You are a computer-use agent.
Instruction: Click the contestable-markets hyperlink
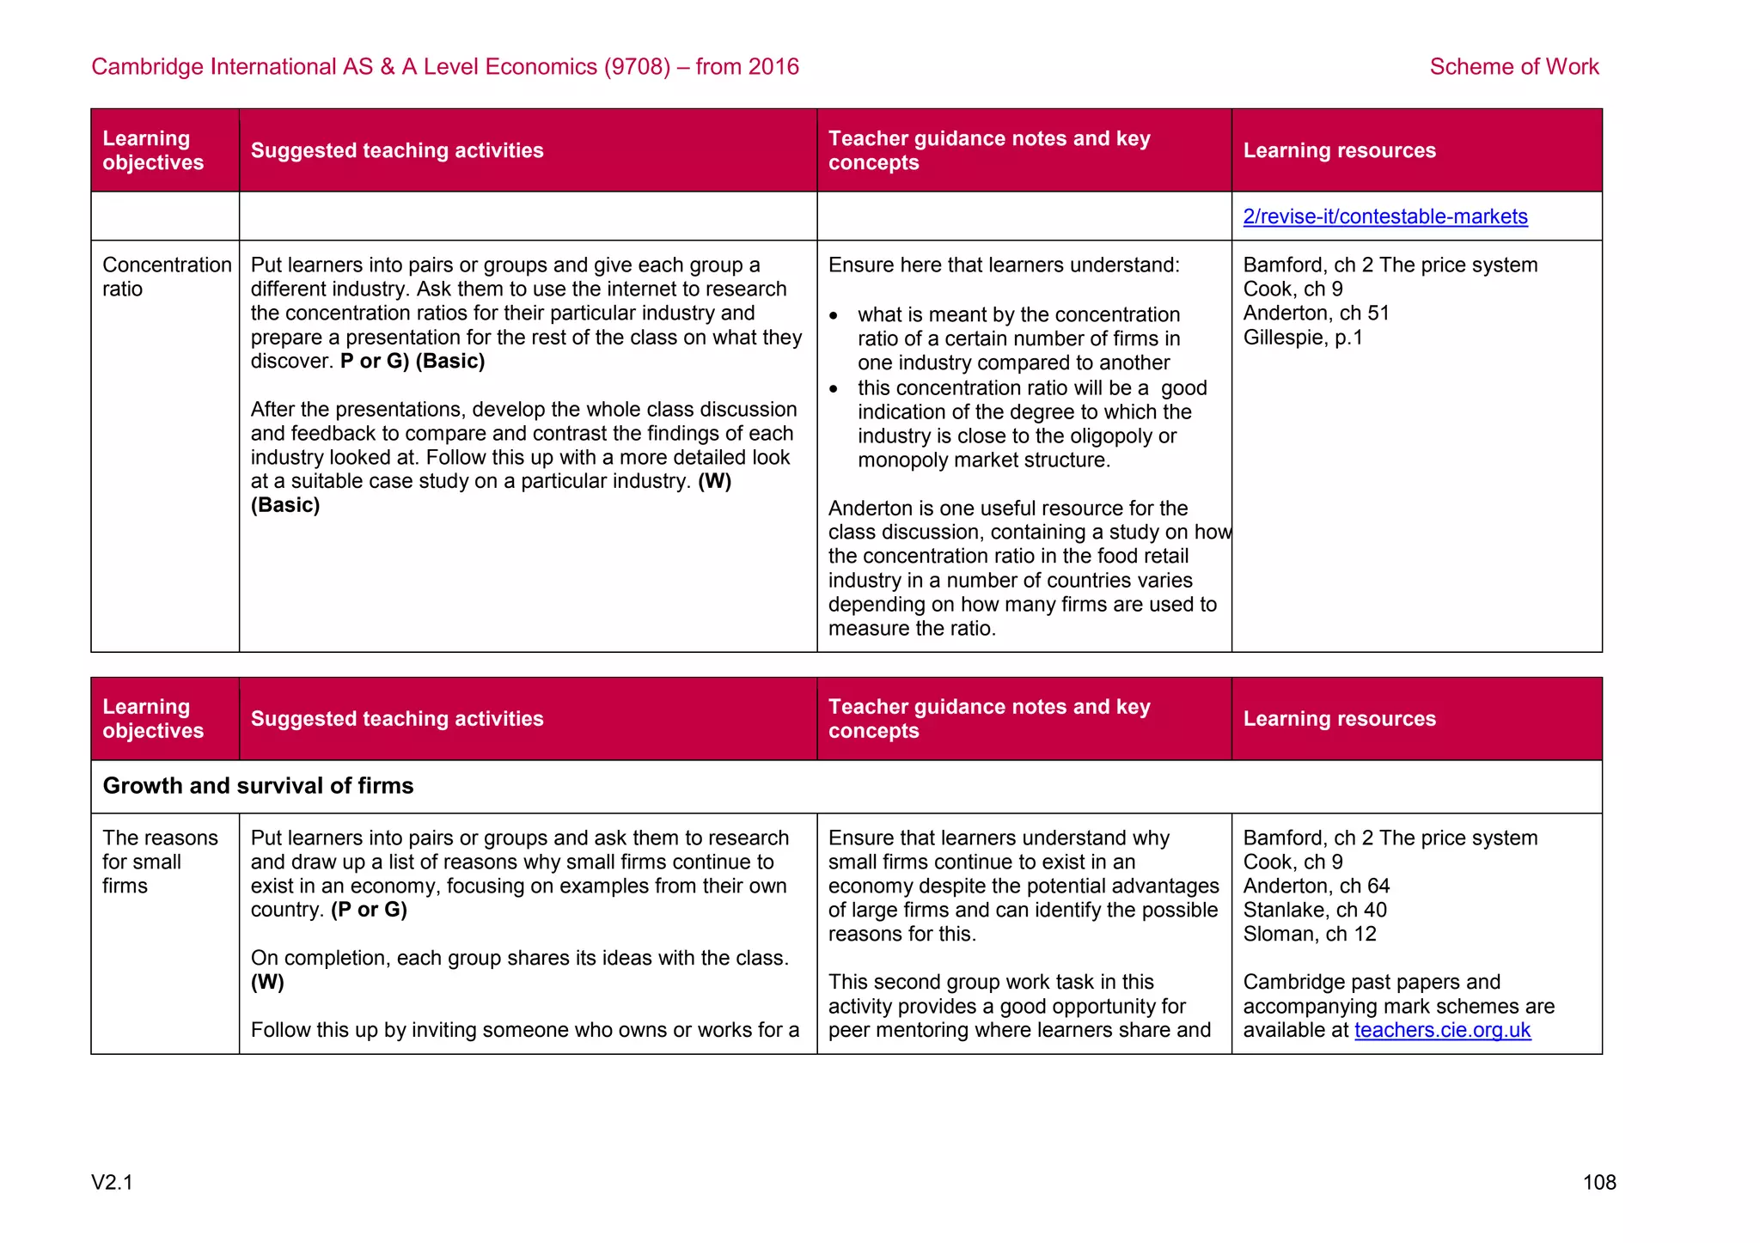(x=1384, y=216)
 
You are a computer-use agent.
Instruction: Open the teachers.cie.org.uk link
(x=1442, y=1030)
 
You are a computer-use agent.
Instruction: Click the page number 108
(x=1598, y=1183)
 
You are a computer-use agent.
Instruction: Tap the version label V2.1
(x=113, y=1183)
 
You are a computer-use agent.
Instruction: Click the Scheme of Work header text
(x=1513, y=67)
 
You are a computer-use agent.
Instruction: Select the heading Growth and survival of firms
(x=258, y=786)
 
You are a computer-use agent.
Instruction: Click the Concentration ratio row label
(x=166, y=277)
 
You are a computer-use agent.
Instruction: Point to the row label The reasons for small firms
(x=160, y=862)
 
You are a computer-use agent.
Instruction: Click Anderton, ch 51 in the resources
(x=1316, y=314)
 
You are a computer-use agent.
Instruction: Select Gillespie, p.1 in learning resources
(x=1303, y=338)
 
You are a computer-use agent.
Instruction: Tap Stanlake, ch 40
(x=1315, y=910)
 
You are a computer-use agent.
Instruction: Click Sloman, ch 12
(x=1309, y=934)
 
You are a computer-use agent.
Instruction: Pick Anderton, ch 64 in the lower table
(x=1316, y=886)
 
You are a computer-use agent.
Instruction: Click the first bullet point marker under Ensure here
(x=834, y=316)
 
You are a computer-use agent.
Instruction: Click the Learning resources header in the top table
(x=1339, y=150)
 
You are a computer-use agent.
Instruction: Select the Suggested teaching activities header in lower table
(x=397, y=719)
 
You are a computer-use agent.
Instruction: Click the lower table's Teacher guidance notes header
(x=988, y=719)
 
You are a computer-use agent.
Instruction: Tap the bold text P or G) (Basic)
(x=412, y=362)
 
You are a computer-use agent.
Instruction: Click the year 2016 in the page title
(x=773, y=67)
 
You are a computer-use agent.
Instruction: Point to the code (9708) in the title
(x=637, y=67)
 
